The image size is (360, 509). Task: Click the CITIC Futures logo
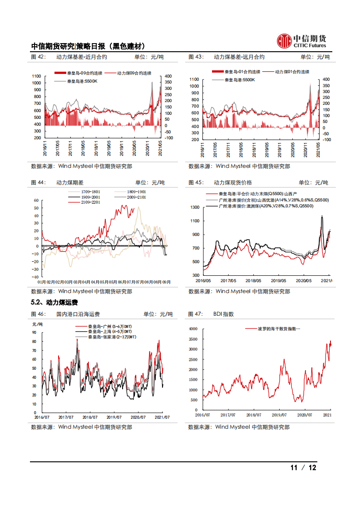coord(301,41)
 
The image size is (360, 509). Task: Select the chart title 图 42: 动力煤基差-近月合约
coord(69,57)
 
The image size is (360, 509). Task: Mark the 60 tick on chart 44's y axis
coord(36,200)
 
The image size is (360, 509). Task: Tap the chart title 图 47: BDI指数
coord(211,314)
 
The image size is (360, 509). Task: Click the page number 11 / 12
coord(303,468)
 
